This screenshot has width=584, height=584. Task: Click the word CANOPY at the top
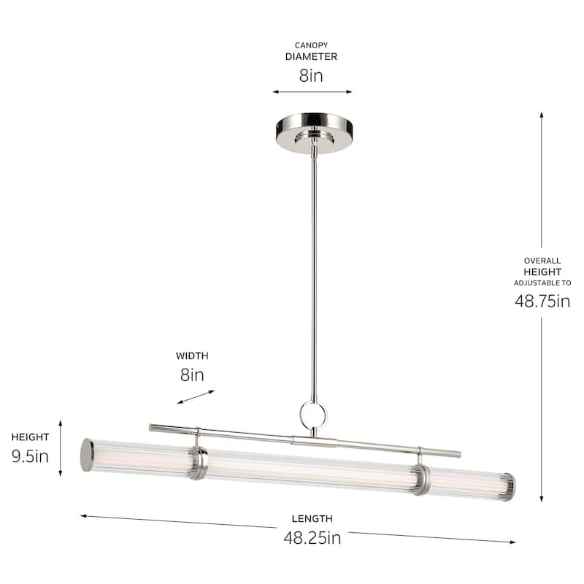point(312,45)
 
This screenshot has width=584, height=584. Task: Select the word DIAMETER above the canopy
point(312,56)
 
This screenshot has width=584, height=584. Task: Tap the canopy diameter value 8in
point(312,75)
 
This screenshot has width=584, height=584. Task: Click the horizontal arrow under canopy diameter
point(312,92)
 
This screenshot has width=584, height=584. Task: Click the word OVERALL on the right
point(542,260)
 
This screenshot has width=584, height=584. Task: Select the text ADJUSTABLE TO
point(542,283)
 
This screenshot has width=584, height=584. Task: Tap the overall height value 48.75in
point(542,301)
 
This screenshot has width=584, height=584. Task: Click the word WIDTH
point(192,356)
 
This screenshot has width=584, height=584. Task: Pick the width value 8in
point(192,375)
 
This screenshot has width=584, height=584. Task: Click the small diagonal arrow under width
point(196,397)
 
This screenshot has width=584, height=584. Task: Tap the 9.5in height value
point(30,456)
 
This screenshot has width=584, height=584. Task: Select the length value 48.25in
point(312,539)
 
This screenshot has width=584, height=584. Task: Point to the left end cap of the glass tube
point(87,455)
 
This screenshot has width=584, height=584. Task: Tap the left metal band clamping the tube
point(197,464)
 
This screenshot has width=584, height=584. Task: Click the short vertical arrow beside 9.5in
point(61,447)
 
